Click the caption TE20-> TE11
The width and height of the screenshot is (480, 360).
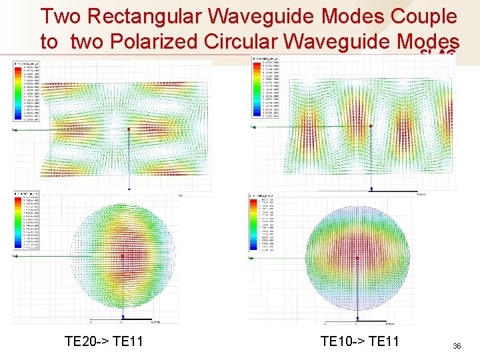tap(103, 341)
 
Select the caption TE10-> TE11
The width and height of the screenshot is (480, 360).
tap(359, 341)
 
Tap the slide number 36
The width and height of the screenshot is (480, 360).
tap(457, 346)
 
